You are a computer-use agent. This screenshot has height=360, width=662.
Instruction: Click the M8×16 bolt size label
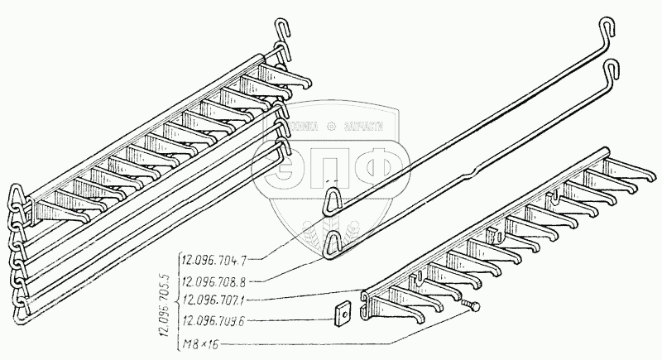pos(196,341)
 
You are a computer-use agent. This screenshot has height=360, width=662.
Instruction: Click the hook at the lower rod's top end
pos(612,70)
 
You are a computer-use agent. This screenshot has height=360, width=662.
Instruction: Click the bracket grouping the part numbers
pos(176,299)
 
